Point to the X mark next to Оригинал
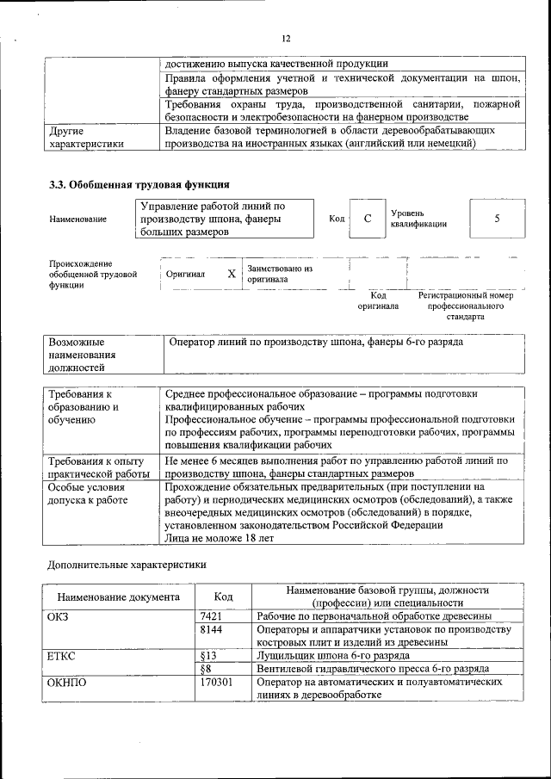point(231,275)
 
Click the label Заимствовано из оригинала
point(279,274)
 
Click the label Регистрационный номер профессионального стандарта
point(465,306)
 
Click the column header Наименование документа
point(118,597)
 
